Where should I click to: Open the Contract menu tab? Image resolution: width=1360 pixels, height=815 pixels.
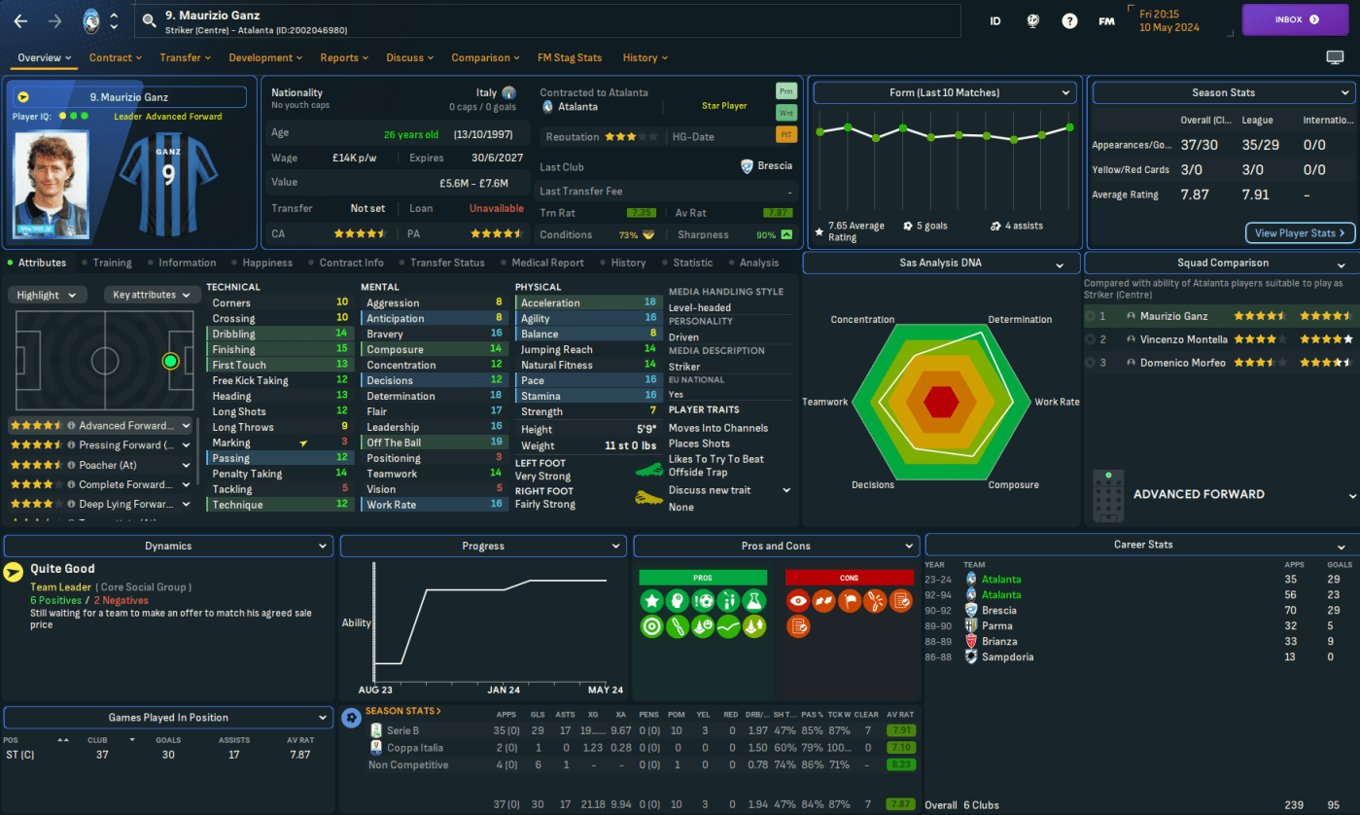coord(115,58)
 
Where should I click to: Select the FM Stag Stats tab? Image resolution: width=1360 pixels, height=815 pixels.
coord(570,58)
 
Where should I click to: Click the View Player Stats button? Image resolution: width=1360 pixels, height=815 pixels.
coord(1300,233)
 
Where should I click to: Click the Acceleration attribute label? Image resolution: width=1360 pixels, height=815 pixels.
coord(550,303)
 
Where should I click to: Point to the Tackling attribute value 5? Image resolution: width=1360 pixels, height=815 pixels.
coord(344,489)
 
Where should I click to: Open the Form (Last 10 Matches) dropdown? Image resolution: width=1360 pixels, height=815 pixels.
coord(944,93)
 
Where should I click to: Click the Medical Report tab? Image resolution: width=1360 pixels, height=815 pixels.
coord(547,263)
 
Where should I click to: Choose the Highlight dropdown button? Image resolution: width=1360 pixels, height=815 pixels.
coord(48,295)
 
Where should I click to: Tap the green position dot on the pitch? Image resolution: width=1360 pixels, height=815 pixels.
coord(171,362)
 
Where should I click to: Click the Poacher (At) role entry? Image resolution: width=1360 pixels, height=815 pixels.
coord(107,465)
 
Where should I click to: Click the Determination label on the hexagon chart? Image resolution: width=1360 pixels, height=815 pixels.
coord(1020,320)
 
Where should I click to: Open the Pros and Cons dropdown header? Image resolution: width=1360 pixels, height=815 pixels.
coord(775,547)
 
